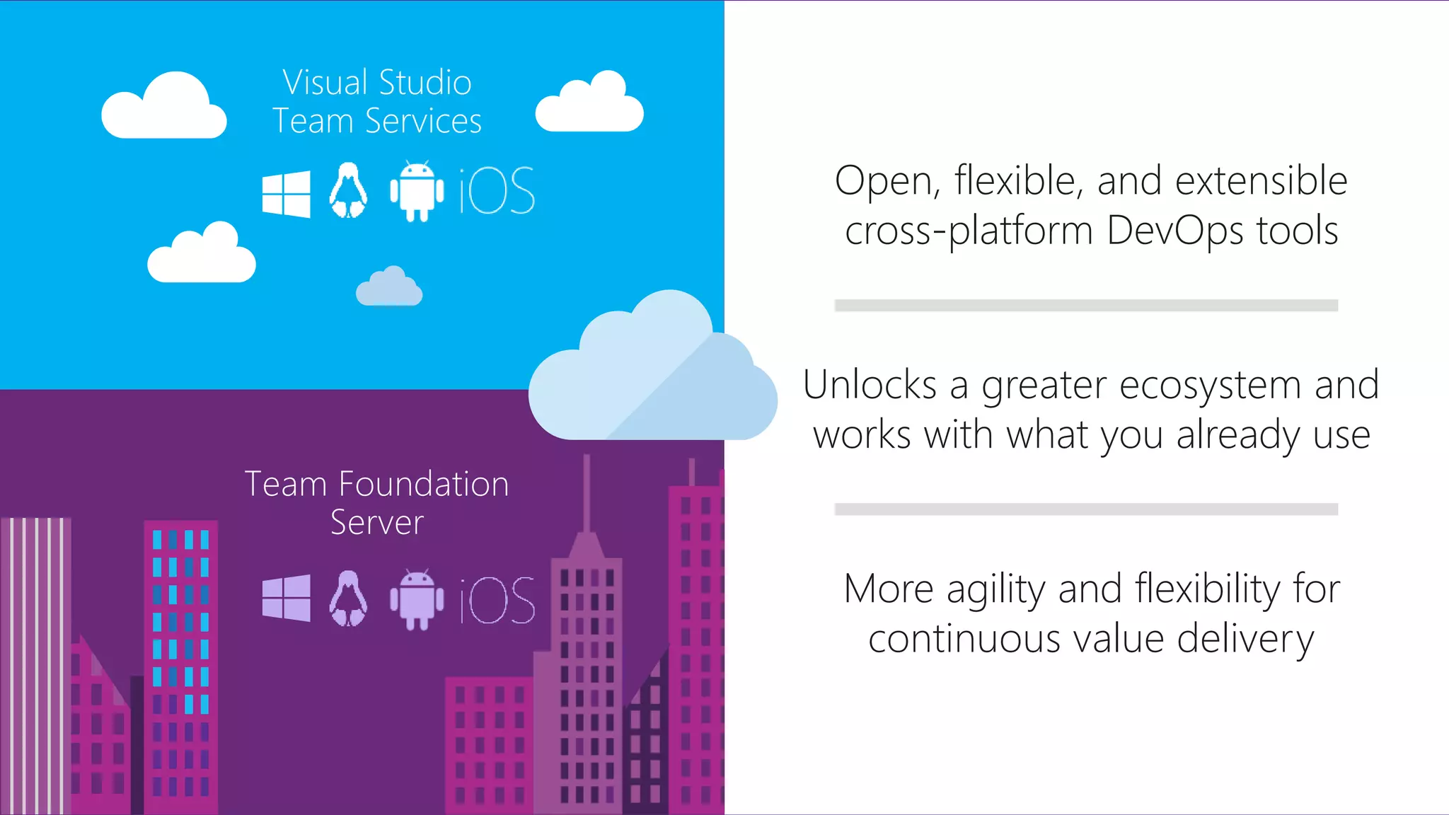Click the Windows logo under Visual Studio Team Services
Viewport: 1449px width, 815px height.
point(286,193)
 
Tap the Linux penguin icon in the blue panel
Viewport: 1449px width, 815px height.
point(348,191)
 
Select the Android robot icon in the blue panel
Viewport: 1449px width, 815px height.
point(417,192)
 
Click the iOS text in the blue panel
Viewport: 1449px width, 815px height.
point(497,191)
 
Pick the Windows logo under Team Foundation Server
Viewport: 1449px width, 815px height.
point(286,598)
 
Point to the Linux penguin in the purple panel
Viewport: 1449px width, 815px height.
point(348,599)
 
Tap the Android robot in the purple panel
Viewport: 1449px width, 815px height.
point(417,599)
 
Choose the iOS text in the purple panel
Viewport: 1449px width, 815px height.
point(497,600)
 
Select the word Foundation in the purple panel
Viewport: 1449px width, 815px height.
point(423,485)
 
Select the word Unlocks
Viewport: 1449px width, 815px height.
point(870,385)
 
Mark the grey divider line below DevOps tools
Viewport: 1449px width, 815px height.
point(1086,306)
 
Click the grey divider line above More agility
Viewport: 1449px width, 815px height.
point(1086,509)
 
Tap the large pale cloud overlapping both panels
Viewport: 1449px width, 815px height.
point(651,375)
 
